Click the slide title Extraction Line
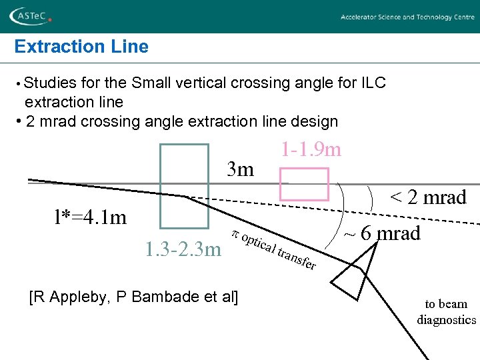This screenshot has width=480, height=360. coord(81,47)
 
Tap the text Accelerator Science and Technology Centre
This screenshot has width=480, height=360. coord(407,17)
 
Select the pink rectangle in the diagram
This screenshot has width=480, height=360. coord(304,184)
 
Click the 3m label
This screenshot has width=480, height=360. coord(240,169)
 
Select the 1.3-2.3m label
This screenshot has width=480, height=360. coord(182,250)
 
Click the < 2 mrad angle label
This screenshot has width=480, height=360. coord(427,197)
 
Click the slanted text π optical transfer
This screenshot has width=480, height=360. coord(273,250)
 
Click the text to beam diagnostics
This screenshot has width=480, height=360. coord(446,311)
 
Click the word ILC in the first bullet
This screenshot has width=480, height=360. coord(373,83)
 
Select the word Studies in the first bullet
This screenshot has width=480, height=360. coord(50,83)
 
